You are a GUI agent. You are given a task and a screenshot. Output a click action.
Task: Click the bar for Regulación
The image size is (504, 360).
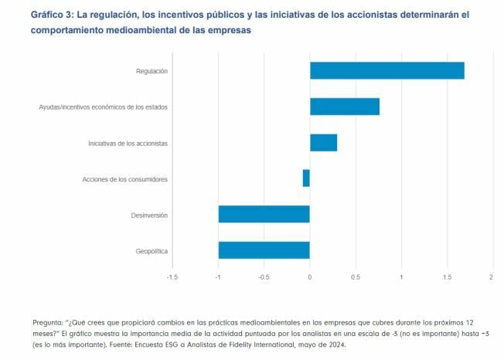click(387, 71)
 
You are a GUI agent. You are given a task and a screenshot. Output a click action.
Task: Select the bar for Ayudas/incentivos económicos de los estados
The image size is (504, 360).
click(345, 107)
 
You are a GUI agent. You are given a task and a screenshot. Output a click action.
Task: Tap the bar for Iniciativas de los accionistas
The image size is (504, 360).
click(323, 143)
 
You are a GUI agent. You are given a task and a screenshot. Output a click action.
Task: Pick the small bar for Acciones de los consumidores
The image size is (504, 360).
click(306, 178)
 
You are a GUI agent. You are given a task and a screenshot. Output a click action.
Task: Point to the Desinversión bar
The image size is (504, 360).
click(264, 214)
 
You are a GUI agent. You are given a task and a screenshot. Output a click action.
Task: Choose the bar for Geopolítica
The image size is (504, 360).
click(264, 250)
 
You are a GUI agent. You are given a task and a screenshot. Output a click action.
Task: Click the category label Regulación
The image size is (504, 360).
click(151, 71)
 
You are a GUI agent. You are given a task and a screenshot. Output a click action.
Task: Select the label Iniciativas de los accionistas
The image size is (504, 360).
click(128, 143)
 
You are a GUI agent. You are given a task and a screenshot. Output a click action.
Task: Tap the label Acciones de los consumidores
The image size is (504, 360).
click(125, 179)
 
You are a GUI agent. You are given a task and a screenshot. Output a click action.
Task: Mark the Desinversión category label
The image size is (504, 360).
click(149, 215)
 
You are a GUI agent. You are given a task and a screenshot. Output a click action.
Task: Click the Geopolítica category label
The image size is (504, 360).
click(151, 251)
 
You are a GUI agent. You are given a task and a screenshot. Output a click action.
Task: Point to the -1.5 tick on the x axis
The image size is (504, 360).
click(172, 277)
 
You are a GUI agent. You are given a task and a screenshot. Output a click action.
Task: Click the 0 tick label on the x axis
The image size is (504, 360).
click(309, 277)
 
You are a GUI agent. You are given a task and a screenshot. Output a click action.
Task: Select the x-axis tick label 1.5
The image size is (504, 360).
click(446, 277)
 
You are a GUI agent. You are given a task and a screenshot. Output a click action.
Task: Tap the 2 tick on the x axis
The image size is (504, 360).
click(492, 277)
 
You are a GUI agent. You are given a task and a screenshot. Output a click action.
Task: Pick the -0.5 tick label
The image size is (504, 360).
click(263, 277)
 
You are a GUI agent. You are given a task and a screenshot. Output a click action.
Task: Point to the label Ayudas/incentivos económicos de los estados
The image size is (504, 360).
click(104, 107)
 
